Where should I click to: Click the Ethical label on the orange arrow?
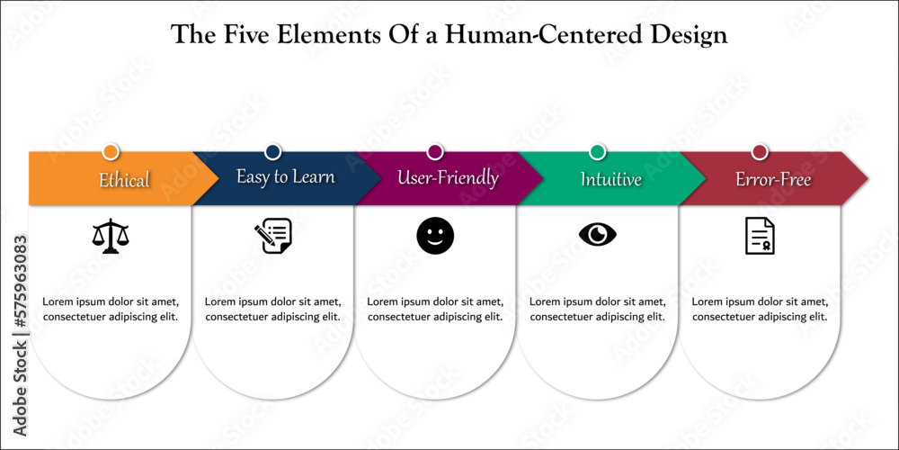pos(124,180)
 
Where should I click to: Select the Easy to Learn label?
pos(286,176)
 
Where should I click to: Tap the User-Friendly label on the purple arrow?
pos(448,177)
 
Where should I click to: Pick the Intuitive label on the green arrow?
pos(610,179)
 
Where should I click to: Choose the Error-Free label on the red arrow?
pos(773,180)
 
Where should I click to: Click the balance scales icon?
pos(111,236)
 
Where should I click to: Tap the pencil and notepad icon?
pos(272,236)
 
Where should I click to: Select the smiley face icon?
pos(435,236)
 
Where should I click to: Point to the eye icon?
pos(597,235)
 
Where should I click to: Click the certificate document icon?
pos(760,236)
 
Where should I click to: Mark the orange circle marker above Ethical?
pos(111,151)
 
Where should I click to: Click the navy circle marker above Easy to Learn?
pos(273,151)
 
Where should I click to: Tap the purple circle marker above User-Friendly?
pos(435,151)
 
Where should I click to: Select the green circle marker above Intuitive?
pos(598,151)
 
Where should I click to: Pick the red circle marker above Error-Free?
pos(760,151)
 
